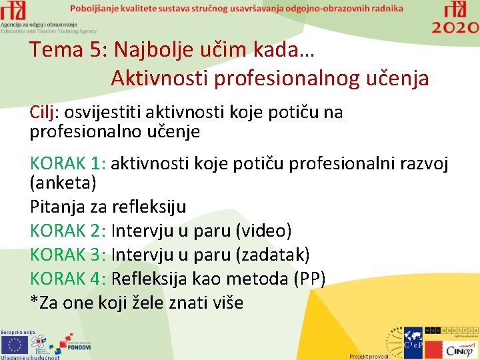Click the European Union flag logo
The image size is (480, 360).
point(15,345)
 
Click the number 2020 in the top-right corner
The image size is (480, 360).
point(455,27)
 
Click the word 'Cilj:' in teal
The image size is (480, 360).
point(45,112)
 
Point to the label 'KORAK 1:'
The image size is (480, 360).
point(69,163)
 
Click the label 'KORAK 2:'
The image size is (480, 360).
point(69,231)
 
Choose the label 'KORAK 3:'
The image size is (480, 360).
point(69,255)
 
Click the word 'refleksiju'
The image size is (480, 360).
point(149,207)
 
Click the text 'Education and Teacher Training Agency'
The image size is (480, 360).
point(49,31)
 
